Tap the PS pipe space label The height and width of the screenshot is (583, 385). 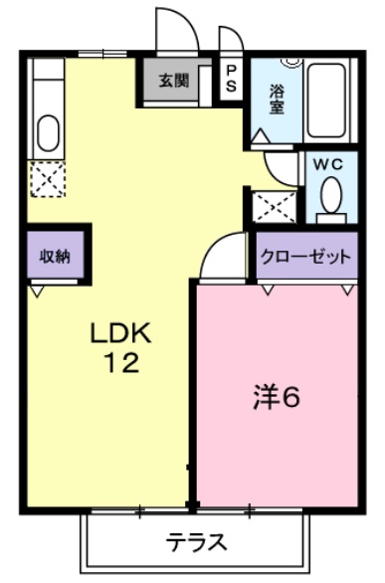pos(231,79)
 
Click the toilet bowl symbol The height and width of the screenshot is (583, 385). pos(331,195)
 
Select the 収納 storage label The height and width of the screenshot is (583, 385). pos(54,256)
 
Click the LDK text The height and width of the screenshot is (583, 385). pos(122,332)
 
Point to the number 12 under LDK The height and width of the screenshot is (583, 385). pos(122,364)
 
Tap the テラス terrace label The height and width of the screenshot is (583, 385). pos(196,543)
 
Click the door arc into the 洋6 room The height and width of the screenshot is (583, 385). pos(221,253)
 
